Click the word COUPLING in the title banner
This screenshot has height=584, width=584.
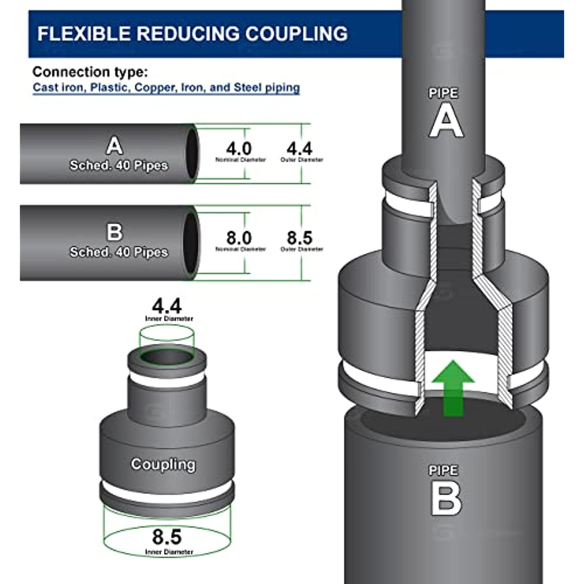pos(296,34)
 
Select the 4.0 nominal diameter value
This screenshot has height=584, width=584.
pos(239,149)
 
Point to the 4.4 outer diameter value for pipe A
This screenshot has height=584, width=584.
pos(299,149)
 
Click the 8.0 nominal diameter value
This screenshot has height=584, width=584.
pos(239,237)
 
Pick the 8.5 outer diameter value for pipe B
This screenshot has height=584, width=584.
pos(299,237)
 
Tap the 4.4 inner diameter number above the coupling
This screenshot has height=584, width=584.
pos(167,306)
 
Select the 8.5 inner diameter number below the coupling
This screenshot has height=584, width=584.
pos(167,537)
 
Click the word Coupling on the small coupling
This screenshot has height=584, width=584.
pos(163,464)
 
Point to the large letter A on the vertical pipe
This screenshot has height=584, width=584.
pos(446,121)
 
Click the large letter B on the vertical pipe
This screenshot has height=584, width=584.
pos(446,498)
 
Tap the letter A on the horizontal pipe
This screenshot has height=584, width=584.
pos(114,146)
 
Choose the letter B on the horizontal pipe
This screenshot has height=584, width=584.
pos(114,232)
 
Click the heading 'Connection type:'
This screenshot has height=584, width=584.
pos(90,72)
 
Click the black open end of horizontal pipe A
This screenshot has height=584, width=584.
pos(192,153)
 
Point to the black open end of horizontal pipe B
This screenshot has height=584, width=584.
pos(191,243)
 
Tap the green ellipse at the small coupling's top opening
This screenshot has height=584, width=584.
pos(167,356)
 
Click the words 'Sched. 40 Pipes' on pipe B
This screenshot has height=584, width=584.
pos(119,252)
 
